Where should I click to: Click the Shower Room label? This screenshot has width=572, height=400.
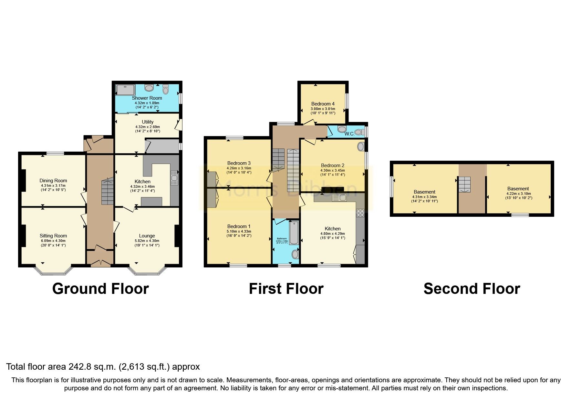147,98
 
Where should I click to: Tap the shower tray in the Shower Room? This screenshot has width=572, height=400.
125,90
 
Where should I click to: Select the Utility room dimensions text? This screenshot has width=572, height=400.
148,129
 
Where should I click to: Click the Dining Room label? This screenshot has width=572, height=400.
53,181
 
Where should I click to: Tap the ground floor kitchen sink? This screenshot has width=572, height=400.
174,178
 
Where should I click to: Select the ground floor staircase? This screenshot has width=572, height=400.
108,192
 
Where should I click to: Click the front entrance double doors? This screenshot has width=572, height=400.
100,262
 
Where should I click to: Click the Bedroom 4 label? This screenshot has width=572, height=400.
323,104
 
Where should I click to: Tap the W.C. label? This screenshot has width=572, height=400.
349,134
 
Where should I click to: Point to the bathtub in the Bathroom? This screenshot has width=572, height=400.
294,233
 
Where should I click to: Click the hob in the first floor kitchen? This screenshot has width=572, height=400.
360,213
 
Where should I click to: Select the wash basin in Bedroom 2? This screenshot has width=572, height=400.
360,147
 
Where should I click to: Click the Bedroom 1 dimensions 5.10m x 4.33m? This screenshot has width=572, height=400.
239,231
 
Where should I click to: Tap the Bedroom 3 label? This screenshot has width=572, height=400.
239,163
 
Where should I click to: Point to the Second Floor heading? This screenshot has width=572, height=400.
472,289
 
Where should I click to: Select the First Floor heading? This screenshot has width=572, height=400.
286,289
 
